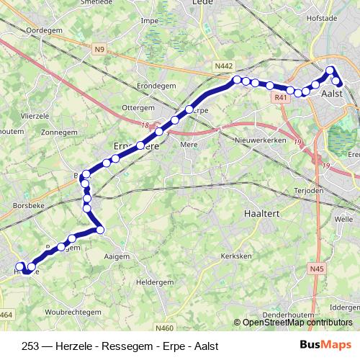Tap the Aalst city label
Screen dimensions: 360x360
click(331, 94)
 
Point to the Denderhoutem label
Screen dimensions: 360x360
click(287, 315)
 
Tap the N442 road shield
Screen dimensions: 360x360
click(223, 66)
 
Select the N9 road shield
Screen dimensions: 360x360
click(99, 50)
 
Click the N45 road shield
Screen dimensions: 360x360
click(315, 270)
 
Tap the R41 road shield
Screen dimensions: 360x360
click(282, 97)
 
